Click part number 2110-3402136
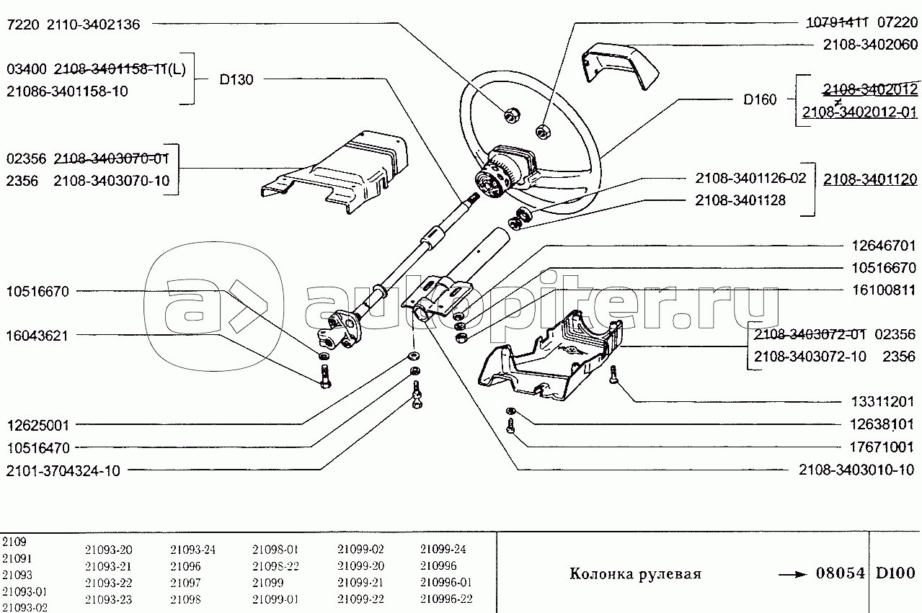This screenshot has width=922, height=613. coord(94,24)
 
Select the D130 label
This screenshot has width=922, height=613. coord(236,80)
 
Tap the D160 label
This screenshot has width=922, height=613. coord(760,99)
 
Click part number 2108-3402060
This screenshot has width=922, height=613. coord(870,45)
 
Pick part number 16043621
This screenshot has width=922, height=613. coord(37,336)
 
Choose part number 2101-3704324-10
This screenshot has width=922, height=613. coord(63,470)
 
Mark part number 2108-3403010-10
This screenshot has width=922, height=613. coord(856,470)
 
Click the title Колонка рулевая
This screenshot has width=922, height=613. coord(635,574)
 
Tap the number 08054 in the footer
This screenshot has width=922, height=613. coord(840,573)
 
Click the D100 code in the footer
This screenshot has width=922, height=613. coord(895,573)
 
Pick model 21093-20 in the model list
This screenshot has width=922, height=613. coord(108,549)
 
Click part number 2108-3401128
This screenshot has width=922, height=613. coord(740,200)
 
